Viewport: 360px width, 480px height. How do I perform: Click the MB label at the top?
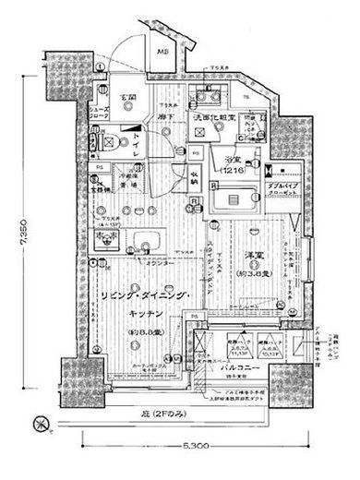tap(162, 53)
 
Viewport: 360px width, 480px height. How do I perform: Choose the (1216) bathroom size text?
tap(231, 170)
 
